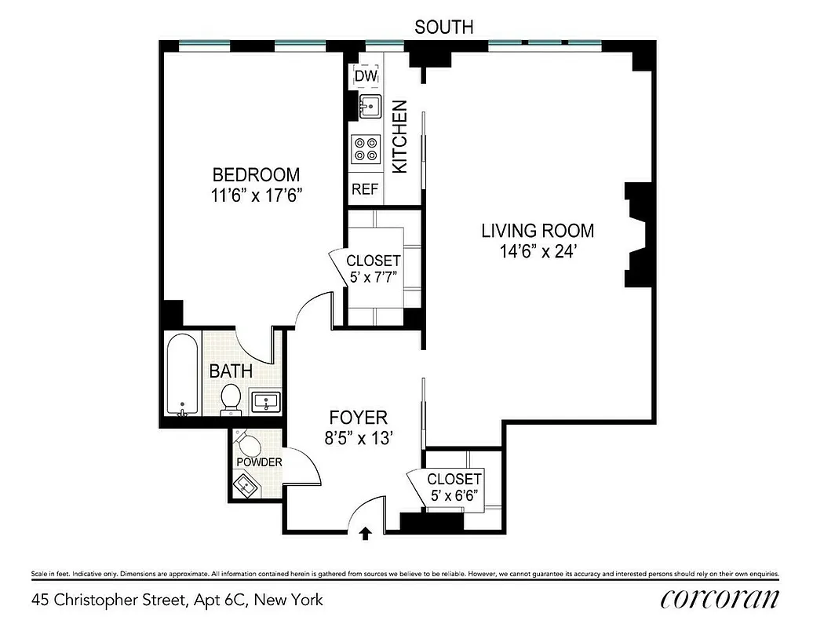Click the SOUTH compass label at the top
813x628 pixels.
[x=443, y=27]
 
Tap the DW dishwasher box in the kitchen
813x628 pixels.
[x=366, y=76]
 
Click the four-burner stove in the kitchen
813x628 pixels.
[x=366, y=149]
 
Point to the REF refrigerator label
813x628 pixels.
[x=365, y=189]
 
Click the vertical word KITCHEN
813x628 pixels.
[x=399, y=137]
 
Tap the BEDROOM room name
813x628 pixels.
[x=256, y=174]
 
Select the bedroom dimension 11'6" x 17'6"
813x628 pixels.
[x=256, y=195]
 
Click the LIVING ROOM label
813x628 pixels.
[x=538, y=231]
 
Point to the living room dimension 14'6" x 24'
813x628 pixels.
[x=538, y=252]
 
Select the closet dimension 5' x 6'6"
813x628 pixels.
[x=454, y=496]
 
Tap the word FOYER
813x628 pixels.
[x=358, y=418]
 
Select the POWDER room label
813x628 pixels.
[x=259, y=462]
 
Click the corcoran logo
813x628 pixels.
[x=720, y=600]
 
